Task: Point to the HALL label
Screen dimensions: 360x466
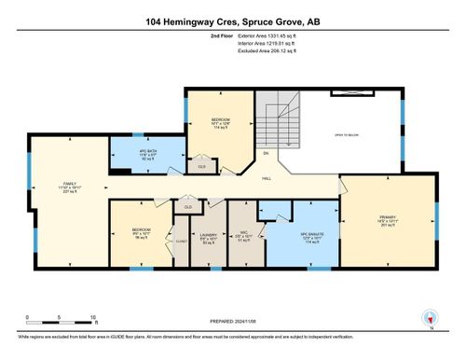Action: pyautogui.click(x=267, y=177)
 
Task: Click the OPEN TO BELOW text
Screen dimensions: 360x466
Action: pyautogui.click(x=347, y=134)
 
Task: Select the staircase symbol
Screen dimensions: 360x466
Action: pyautogui.click(x=274, y=125)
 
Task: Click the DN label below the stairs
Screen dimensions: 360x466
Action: pyautogui.click(x=266, y=153)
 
